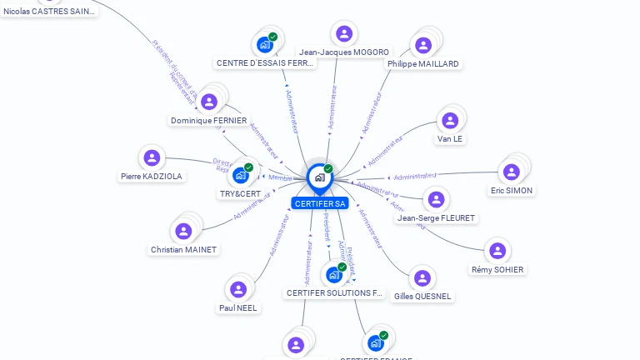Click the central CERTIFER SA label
click(320, 203)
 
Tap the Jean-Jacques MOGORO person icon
click(343, 33)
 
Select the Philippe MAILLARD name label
click(423, 63)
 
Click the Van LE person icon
click(450, 121)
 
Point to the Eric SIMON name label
click(512, 190)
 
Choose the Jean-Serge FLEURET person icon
click(435, 199)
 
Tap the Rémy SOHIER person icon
click(497, 251)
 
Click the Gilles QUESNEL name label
click(422, 296)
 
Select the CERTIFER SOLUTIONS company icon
click(333, 274)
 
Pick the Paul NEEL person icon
click(238, 289)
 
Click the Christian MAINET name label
click(183, 250)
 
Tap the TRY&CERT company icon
click(241, 175)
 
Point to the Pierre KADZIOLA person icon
click(151, 157)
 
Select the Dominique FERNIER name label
click(209, 120)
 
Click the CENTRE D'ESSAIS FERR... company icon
click(265, 44)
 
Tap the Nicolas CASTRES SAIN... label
click(49, 11)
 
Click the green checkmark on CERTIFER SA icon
click(328, 169)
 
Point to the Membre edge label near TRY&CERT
click(281, 177)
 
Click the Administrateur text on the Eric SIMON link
click(415, 176)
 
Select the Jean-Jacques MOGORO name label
click(344, 52)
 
